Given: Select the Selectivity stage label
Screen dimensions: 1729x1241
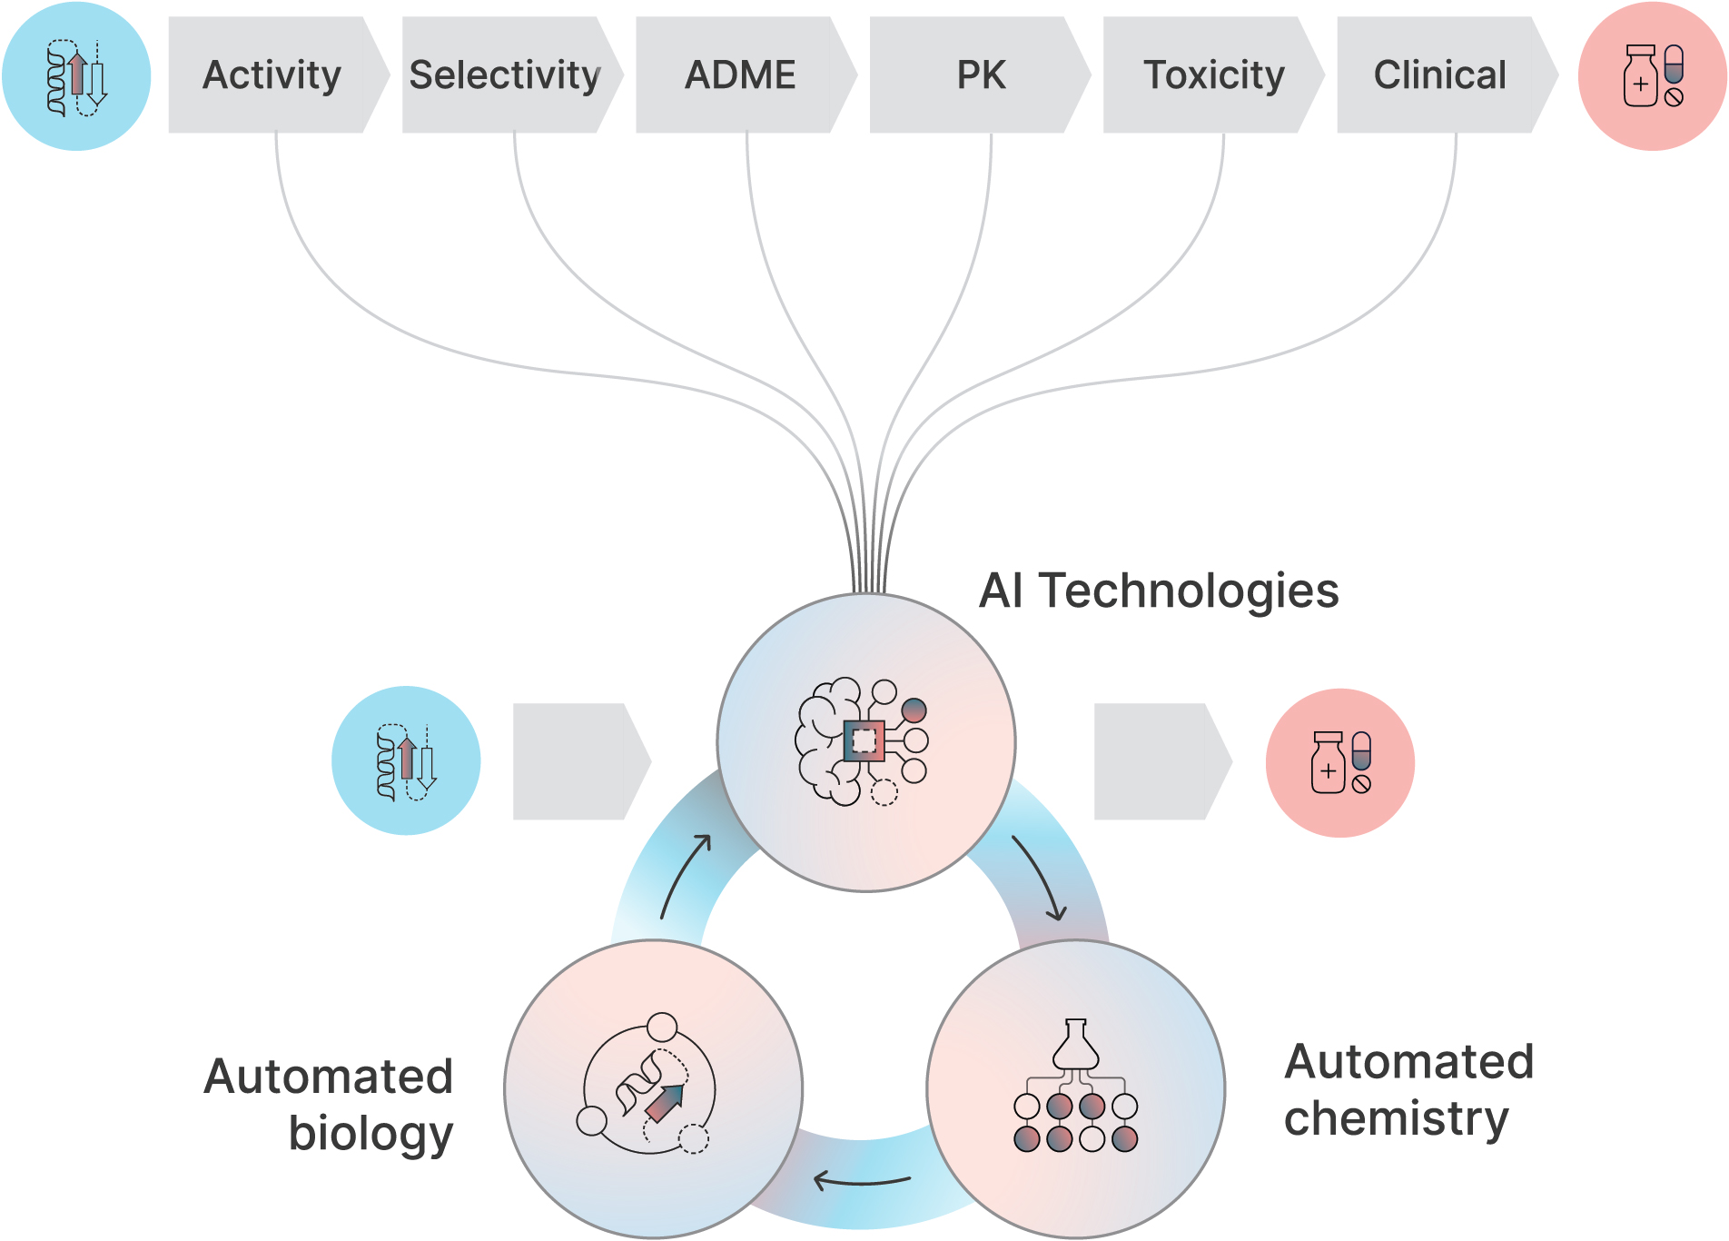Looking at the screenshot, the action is (x=505, y=74).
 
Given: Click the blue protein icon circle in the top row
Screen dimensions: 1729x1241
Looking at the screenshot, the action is (x=76, y=76).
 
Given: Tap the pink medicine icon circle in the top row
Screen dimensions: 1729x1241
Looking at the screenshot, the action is (x=1653, y=76).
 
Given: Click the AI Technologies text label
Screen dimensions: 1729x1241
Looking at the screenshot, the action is (x=1159, y=591).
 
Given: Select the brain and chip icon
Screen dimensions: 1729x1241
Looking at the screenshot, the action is (x=862, y=741).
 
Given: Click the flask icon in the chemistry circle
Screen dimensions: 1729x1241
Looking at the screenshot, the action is (x=1075, y=1045).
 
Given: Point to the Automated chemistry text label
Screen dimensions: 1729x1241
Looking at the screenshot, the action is (x=1408, y=1090).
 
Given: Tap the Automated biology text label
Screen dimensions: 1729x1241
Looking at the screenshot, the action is (x=329, y=1105).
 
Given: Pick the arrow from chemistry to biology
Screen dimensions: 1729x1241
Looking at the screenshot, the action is (x=862, y=1182).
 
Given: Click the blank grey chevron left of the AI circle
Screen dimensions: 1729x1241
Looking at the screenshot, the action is (x=582, y=761).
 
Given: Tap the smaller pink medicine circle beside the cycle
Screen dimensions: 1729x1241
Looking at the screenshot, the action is (x=1339, y=762).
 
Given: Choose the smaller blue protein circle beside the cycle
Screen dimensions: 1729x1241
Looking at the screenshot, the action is (x=406, y=760).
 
